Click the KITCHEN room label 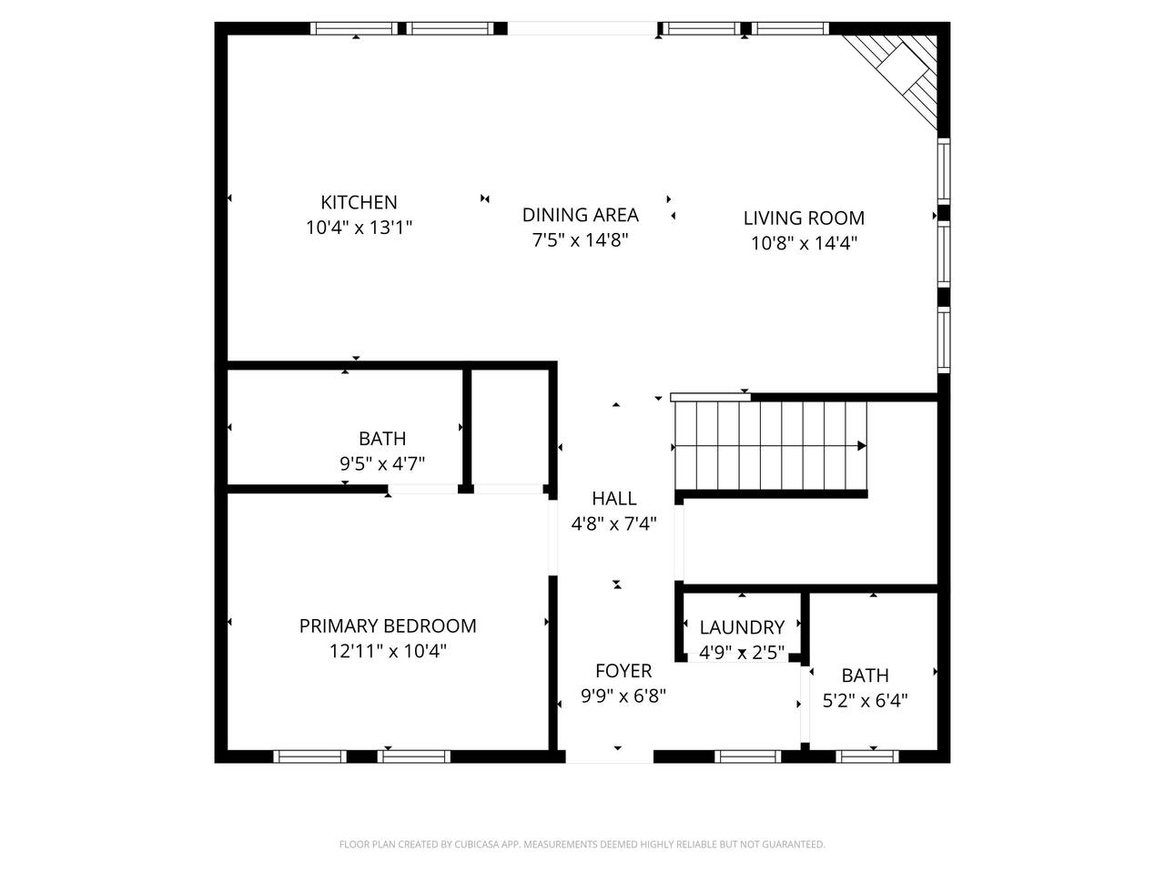[359, 202]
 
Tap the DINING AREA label [580, 215]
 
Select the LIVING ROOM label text [804, 218]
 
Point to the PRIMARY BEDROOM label [388, 626]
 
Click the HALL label [613, 499]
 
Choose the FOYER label [623, 671]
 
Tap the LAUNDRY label [742, 628]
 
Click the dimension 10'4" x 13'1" [359, 228]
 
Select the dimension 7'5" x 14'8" [580, 240]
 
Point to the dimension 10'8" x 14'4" [804, 244]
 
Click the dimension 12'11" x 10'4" [388, 651]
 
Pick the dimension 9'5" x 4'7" [382, 464]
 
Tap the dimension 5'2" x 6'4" [865, 701]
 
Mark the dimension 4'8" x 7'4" [613, 524]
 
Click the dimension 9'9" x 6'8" [623, 696]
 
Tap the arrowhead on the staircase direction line [862, 446]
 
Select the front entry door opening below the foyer [609, 757]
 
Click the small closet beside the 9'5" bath [510, 427]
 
